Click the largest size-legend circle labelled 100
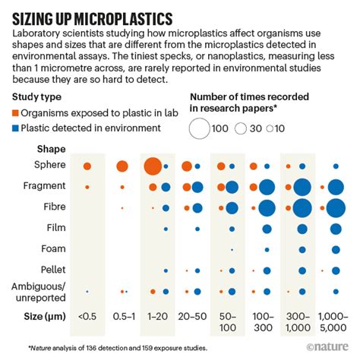click(x=199, y=128)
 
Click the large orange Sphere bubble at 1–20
click(x=152, y=165)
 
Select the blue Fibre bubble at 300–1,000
click(x=301, y=207)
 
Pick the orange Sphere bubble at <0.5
click(x=87, y=166)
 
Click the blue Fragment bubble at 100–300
click(x=267, y=186)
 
